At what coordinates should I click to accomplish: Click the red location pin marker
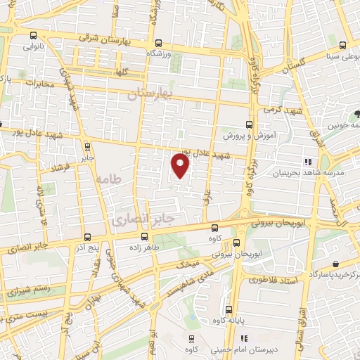click(181, 165)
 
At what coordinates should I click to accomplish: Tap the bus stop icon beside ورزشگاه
click(158, 42)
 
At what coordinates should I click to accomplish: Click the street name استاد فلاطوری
click(274, 280)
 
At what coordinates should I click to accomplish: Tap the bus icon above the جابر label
click(86, 147)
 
